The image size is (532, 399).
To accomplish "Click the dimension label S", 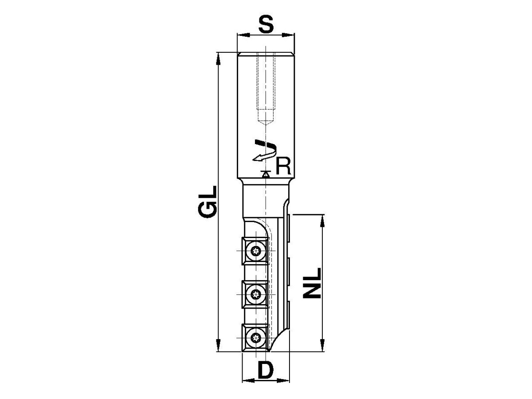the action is click(266, 24).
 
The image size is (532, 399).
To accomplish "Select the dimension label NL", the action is click(312, 283).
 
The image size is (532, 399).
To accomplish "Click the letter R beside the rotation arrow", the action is click(283, 166).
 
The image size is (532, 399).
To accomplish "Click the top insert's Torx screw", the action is click(256, 251).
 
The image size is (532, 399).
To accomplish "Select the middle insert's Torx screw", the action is click(256, 294).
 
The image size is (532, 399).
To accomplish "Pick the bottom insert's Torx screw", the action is click(256, 338).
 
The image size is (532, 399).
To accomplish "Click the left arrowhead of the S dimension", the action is click(243, 35).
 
